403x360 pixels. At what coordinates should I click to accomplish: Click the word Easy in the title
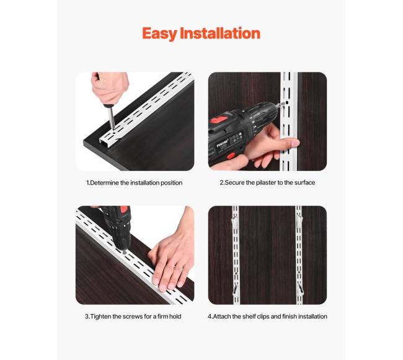[x=159, y=34]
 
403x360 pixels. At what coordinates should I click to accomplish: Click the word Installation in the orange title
[x=220, y=33]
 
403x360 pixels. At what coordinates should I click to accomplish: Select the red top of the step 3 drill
[x=125, y=209]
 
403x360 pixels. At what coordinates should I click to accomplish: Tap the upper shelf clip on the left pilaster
[x=234, y=219]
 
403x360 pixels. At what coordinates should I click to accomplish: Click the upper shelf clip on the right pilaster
[x=299, y=219]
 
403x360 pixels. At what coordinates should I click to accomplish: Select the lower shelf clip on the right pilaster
[x=300, y=289]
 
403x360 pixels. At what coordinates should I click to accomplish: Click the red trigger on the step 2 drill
[x=231, y=156]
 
